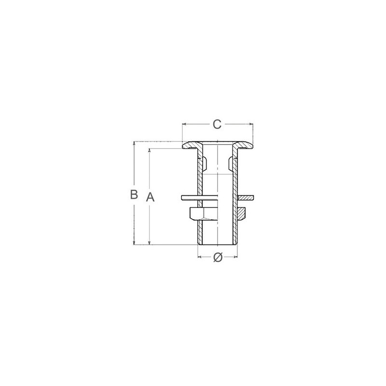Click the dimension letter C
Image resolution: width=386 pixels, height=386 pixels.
point(217,124)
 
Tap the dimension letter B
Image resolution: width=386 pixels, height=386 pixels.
point(134,194)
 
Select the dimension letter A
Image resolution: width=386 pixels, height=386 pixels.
point(150,197)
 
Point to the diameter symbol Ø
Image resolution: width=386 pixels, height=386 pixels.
point(218,257)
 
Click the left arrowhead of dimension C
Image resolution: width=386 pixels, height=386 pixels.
point(184,124)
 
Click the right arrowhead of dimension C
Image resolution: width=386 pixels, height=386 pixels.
point(251,124)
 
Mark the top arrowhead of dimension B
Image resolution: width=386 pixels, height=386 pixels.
point(134,143)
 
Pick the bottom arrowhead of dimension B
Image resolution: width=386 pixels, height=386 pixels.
point(134,243)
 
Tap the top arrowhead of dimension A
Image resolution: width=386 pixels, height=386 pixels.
point(150,151)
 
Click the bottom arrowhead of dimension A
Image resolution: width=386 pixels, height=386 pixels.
point(150,243)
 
